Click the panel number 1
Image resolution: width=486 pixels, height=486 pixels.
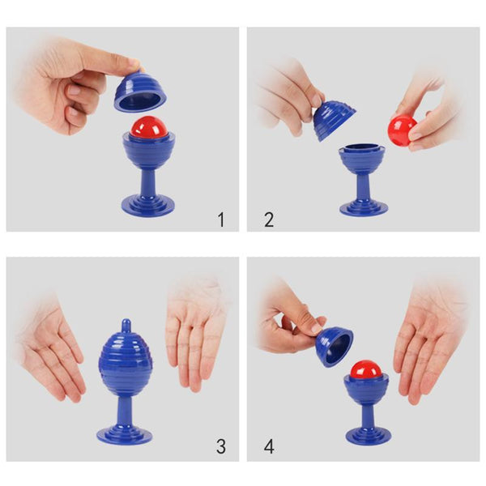[221, 220]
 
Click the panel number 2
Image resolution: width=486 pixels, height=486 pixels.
[269, 220]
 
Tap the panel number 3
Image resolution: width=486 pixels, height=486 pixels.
[221, 446]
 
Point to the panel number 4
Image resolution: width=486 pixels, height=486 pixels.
[269, 446]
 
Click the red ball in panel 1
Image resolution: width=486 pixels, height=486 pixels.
[149, 127]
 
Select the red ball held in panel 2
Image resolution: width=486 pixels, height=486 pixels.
[402, 130]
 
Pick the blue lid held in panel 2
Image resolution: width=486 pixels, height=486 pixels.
[333, 120]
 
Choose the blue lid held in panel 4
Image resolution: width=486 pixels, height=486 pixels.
[335, 346]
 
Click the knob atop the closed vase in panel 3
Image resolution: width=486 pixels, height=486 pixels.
[126, 326]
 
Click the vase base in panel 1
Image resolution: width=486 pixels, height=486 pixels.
[148, 205]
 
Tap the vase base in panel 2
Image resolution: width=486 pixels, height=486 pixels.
[364, 207]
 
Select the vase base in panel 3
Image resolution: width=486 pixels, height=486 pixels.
[124, 434]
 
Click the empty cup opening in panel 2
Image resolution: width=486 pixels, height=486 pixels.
[362, 148]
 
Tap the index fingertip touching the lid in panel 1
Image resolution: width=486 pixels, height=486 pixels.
[135, 65]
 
